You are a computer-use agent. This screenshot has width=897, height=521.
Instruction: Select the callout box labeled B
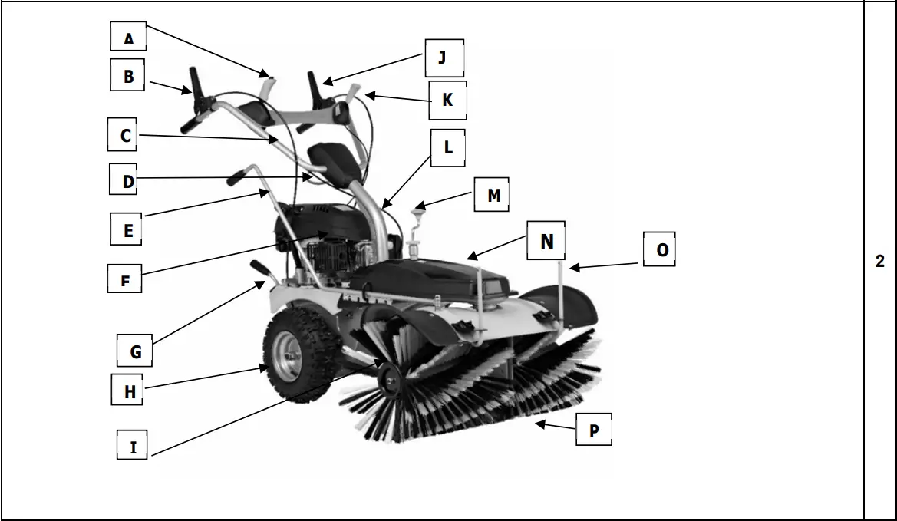(x=127, y=76)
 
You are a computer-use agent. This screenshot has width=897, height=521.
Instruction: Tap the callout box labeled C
(x=126, y=135)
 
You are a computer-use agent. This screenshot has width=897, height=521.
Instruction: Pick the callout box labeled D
(x=127, y=181)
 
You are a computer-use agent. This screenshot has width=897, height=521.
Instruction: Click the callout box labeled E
(x=127, y=229)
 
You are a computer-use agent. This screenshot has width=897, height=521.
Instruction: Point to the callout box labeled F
(x=125, y=279)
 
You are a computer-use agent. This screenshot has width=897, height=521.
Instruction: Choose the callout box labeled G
(x=135, y=351)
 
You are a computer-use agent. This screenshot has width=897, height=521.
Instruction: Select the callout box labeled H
(x=130, y=391)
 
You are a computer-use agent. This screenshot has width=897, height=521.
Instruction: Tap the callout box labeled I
(x=134, y=446)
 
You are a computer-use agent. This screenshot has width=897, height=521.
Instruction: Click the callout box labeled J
(x=441, y=58)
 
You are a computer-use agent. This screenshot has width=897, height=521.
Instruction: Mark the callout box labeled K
(x=447, y=101)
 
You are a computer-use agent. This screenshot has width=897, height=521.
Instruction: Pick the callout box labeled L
(x=449, y=148)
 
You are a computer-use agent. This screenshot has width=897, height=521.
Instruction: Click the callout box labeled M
(x=493, y=196)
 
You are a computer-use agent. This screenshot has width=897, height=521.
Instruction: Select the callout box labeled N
(x=546, y=242)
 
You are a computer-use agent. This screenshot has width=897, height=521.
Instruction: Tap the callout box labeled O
(x=661, y=250)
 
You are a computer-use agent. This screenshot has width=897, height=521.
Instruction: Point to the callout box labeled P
(x=594, y=430)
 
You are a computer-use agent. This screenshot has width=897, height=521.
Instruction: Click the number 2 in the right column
(x=880, y=261)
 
